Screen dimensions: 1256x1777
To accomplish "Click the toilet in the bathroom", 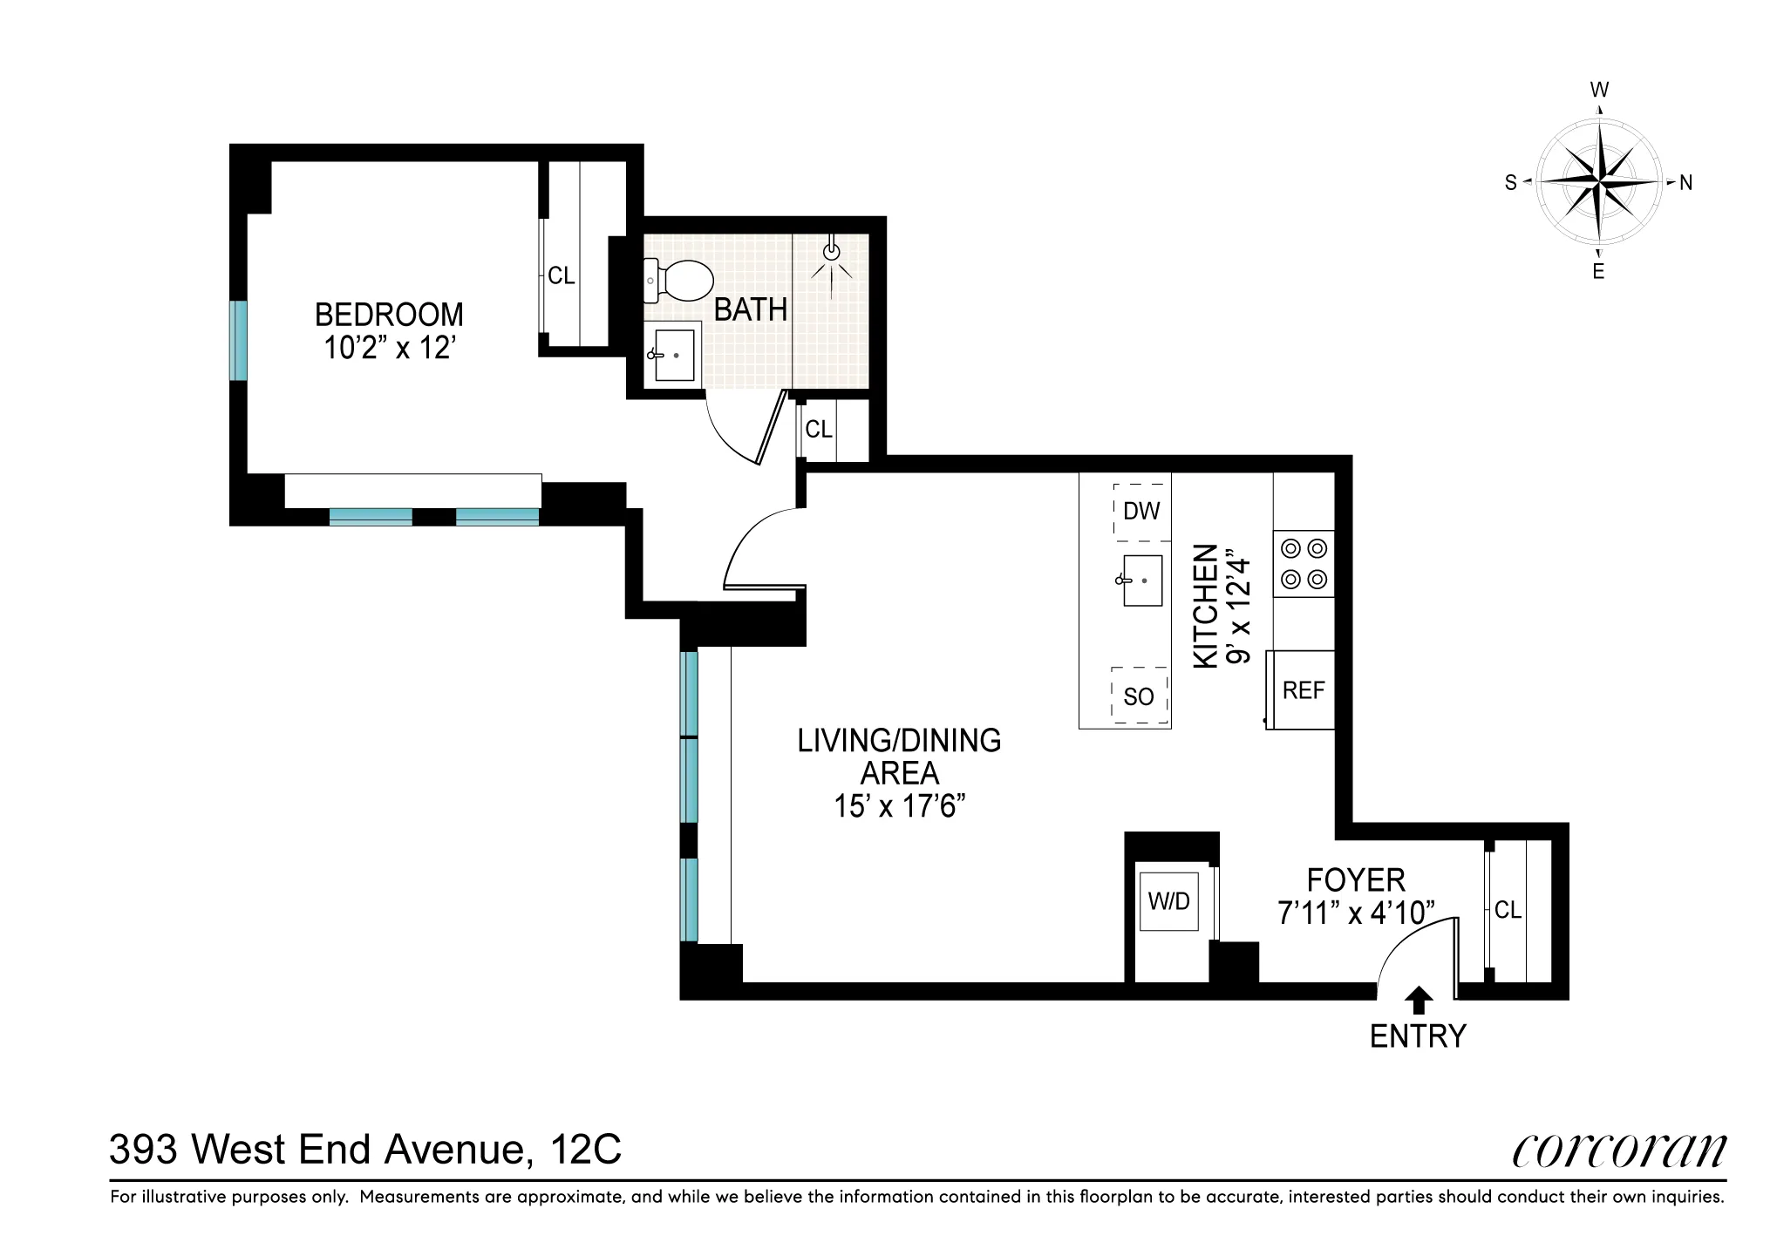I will pyautogui.click(x=682, y=280).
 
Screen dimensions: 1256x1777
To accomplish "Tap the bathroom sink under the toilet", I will pyautogui.click(x=673, y=353).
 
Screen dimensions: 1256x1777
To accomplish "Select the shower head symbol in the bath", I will pyautogui.click(x=833, y=252).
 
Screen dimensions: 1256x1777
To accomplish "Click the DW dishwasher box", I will pyautogui.click(x=1141, y=511).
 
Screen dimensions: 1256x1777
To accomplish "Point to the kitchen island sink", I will pyautogui.click(x=1140, y=580).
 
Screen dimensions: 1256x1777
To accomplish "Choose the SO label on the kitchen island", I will pyautogui.click(x=1138, y=696).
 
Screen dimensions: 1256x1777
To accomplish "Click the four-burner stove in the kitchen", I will pyautogui.click(x=1304, y=564).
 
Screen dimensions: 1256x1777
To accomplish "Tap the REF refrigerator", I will pyautogui.click(x=1303, y=690).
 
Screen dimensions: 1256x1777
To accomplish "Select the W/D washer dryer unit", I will pyautogui.click(x=1169, y=901).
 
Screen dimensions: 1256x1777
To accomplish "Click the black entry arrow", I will pyautogui.click(x=1420, y=1000).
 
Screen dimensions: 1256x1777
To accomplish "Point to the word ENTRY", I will pyautogui.click(x=1418, y=1036).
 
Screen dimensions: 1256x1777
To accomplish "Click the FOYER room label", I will pyautogui.click(x=1356, y=880).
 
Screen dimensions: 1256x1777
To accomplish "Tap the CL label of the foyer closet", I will pyautogui.click(x=1508, y=910).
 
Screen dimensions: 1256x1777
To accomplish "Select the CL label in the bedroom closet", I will pyautogui.click(x=561, y=276).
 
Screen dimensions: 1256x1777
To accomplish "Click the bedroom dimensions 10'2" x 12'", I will pyautogui.click(x=390, y=348).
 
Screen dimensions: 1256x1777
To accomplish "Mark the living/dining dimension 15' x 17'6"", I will pyautogui.click(x=899, y=806).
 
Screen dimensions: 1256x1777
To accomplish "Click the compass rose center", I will pyautogui.click(x=1599, y=182).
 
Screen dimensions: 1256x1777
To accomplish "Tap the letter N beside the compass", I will pyautogui.click(x=1685, y=183).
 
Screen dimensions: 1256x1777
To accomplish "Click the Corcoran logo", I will pyautogui.click(x=1619, y=1151).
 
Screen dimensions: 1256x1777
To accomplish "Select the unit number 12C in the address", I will pyautogui.click(x=587, y=1150).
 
